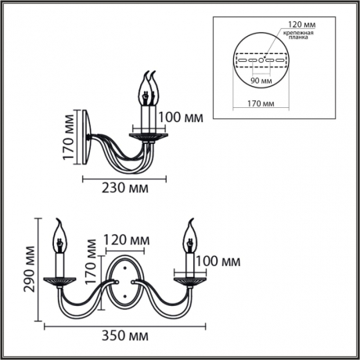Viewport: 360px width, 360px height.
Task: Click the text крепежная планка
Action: (301, 38)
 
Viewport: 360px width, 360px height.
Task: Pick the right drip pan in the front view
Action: (189, 278)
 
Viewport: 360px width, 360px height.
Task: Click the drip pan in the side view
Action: (148, 135)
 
